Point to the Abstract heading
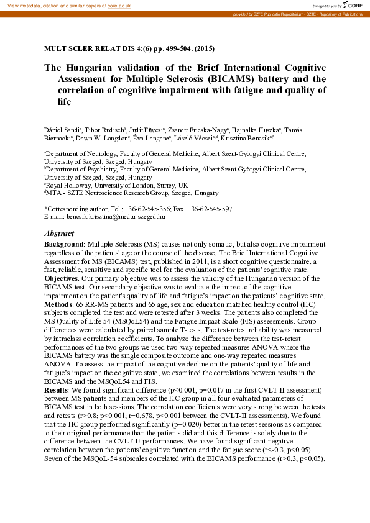click(x=59, y=234)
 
